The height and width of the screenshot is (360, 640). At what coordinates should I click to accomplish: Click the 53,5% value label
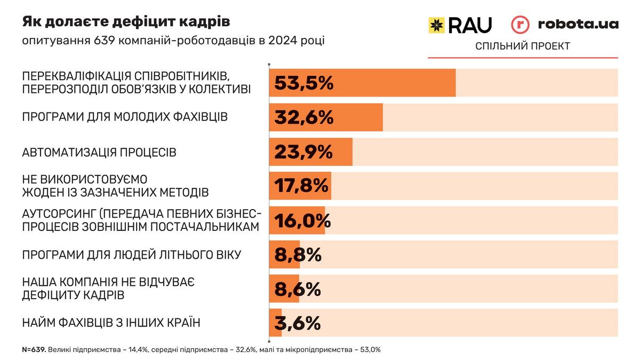pyautogui.click(x=304, y=83)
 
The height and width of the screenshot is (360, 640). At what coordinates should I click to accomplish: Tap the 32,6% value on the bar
pyautogui.click(x=304, y=117)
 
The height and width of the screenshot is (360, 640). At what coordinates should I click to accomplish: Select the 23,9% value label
pyautogui.click(x=303, y=152)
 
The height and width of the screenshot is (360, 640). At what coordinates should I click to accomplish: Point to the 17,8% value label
pyautogui.click(x=301, y=186)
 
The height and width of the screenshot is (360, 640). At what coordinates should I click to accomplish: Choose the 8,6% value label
pyautogui.click(x=298, y=289)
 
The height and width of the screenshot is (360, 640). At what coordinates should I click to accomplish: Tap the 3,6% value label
pyautogui.click(x=298, y=323)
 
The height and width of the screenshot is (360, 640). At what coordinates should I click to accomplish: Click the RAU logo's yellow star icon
pyautogui.click(x=436, y=25)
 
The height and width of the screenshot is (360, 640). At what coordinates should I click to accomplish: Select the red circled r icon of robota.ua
pyautogui.click(x=520, y=25)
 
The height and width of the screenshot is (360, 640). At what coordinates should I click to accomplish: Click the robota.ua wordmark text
pyautogui.click(x=578, y=24)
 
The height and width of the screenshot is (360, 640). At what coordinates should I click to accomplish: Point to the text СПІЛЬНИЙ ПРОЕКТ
pyautogui.click(x=523, y=46)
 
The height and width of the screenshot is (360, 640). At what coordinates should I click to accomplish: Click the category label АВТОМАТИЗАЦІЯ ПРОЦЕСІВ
pyautogui.click(x=99, y=153)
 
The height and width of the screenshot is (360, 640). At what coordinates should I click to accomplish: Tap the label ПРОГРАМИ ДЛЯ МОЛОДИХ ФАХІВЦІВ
pyautogui.click(x=125, y=117)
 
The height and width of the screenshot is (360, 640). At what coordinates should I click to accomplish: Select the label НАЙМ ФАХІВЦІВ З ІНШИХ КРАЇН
pyautogui.click(x=111, y=323)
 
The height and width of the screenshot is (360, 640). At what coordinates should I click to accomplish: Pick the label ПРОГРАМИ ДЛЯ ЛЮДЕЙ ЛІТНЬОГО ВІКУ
pyautogui.click(x=132, y=254)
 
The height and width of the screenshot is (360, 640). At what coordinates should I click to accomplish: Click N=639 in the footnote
pyautogui.click(x=34, y=350)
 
